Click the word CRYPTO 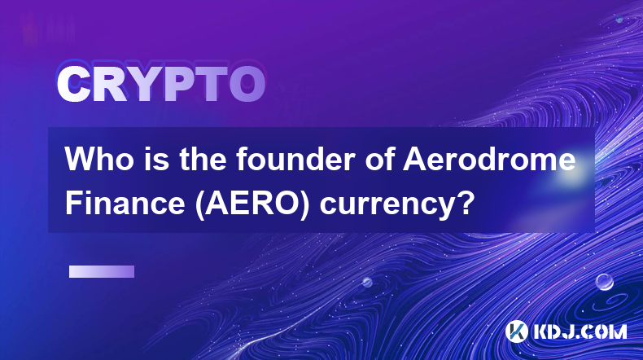[x=161, y=84]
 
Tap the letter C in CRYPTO [x=73, y=84]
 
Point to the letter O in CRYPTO [x=247, y=84]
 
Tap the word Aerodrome [x=489, y=159]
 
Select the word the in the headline [x=202, y=159]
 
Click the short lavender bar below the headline [x=102, y=271]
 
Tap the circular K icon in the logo [x=516, y=331]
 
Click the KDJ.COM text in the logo [x=580, y=331]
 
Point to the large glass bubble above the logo [x=604, y=282]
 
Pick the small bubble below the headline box [x=366, y=282]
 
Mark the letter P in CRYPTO [x=179, y=84]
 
